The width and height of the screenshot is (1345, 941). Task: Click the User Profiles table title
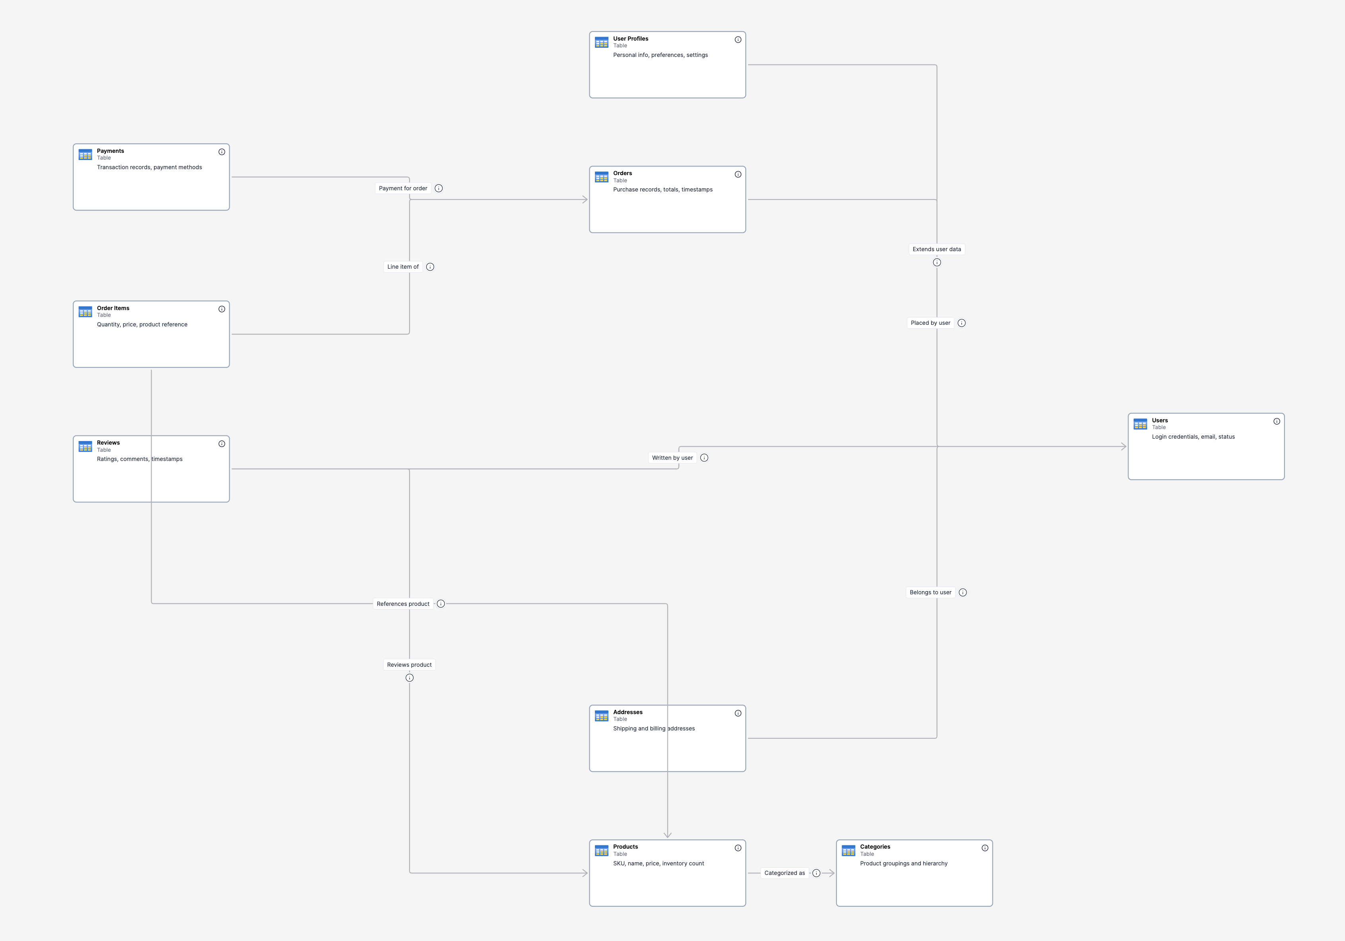coord(630,39)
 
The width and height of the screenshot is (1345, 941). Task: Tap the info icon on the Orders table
coord(737,174)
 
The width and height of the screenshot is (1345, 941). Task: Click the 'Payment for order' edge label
coord(403,188)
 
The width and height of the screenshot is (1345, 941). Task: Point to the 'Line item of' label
coord(403,267)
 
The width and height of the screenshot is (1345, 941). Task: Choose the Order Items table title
coord(113,308)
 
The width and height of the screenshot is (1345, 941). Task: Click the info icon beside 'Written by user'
coord(704,458)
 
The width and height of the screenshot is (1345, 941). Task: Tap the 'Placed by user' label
coord(930,323)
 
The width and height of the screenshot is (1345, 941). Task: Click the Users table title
coord(1159,420)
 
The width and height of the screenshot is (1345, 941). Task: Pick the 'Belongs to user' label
coord(930,592)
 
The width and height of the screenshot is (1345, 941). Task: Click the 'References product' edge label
coord(403,603)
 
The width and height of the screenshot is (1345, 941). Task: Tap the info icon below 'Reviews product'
coord(409,678)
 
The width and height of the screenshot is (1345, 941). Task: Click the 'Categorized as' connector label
coord(784,873)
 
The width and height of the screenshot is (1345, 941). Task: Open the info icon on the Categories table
coord(985,848)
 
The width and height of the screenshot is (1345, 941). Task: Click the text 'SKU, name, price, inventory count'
coord(659,863)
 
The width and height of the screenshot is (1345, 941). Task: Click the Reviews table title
coord(108,443)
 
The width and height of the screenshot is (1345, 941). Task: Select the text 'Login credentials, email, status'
coord(1193,437)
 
